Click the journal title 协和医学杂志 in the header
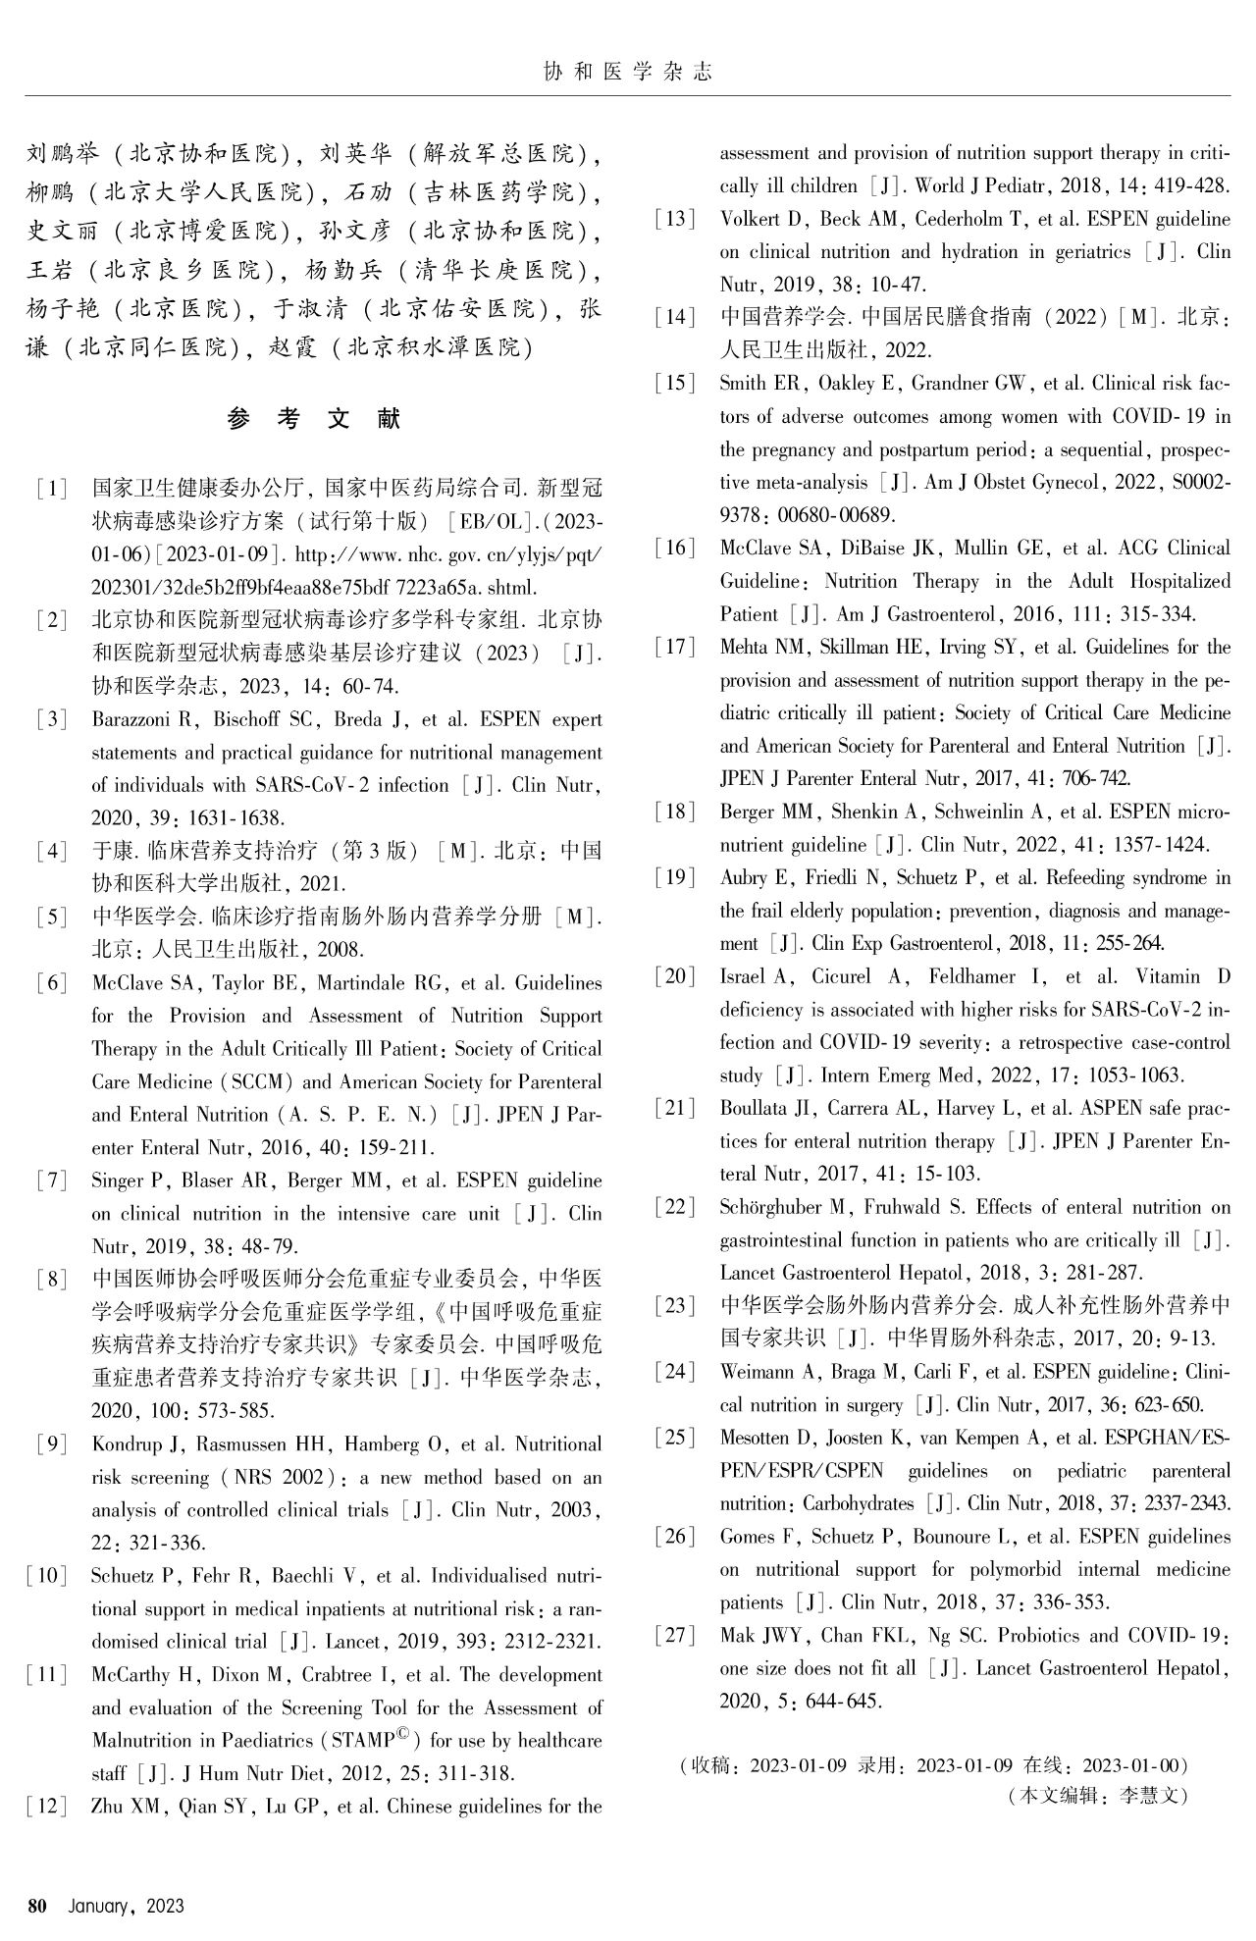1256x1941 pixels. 627,72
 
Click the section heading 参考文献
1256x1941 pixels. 314,419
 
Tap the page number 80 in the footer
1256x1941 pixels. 38,1906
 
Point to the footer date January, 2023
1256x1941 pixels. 126,1906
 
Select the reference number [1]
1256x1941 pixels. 51,489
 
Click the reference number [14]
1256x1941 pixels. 675,317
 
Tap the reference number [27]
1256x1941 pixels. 675,1635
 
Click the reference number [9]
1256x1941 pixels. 51,1444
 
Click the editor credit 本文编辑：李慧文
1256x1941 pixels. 1098,1796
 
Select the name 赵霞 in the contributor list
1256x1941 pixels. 291,347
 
